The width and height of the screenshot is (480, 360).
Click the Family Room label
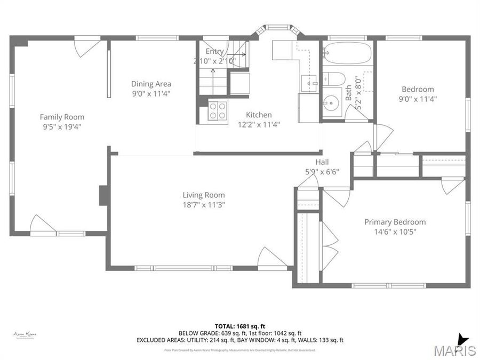coord(62,117)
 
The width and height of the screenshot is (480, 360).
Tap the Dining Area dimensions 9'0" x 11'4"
coord(151,94)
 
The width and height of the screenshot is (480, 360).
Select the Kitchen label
coord(259,115)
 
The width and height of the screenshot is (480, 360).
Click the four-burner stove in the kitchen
coord(217,110)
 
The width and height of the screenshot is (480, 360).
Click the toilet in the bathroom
coord(333,78)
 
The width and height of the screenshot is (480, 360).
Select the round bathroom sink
coord(333,102)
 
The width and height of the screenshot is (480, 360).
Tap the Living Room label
coord(203,195)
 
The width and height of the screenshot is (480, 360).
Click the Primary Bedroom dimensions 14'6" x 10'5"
coord(395,231)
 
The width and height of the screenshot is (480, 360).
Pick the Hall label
coord(322,162)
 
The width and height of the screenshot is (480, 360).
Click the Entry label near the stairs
coord(215,51)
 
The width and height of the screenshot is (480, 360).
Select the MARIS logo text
coord(454,350)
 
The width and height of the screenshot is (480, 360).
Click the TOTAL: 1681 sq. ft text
coord(239,325)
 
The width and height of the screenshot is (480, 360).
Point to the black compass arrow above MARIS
coord(462,339)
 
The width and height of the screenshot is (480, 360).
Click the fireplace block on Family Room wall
coord(103,195)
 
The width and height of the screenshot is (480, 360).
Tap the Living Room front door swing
coord(271,257)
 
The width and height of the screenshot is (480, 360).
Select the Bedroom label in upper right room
coord(418,89)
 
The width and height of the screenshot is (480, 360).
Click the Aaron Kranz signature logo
coord(25,334)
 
